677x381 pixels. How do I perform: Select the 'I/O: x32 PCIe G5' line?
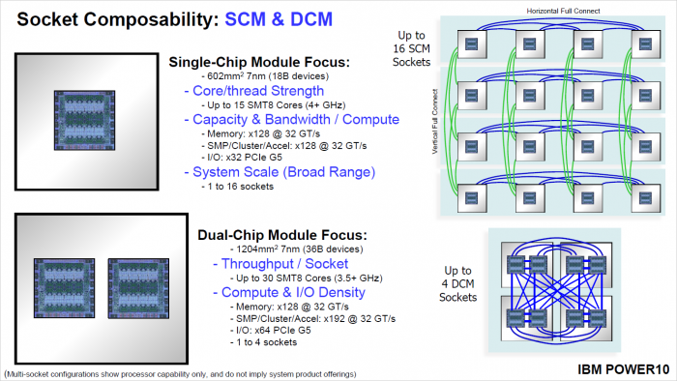point(253,158)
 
